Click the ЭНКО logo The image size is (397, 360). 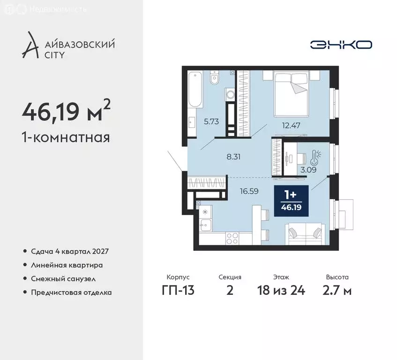341,45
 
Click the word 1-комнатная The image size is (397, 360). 66,138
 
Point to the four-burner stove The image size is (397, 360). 233,239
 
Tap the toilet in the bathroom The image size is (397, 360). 214,78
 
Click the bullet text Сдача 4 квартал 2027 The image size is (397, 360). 70,251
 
